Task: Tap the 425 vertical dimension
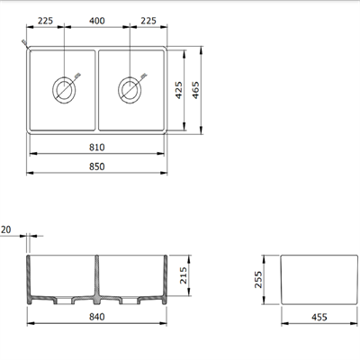[178, 91]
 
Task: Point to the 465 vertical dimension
[205, 91]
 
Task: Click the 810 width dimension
[98, 147]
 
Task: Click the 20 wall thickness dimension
[7, 231]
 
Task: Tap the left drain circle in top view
[65, 88]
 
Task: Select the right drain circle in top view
[130, 88]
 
